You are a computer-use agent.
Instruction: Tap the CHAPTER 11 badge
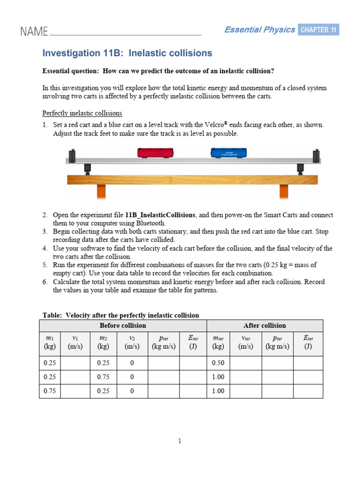click(318, 30)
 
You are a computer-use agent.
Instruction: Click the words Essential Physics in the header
click(259, 30)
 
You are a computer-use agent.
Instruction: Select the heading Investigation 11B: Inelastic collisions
click(127, 53)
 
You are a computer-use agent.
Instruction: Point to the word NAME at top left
click(34, 32)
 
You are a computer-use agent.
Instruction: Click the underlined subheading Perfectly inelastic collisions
click(82, 113)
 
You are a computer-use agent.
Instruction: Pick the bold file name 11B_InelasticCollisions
click(160, 215)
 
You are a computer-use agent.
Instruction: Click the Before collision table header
click(123, 325)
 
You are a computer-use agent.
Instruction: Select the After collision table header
click(264, 325)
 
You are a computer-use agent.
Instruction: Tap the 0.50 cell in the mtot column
click(218, 363)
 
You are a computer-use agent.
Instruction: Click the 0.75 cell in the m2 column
click(103, 377)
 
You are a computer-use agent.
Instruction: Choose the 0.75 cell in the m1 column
click(50, 391)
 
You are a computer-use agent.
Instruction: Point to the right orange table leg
click(284, 191)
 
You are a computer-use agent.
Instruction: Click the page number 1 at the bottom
click(180, 441)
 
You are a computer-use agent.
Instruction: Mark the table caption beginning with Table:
click(120, 315)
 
